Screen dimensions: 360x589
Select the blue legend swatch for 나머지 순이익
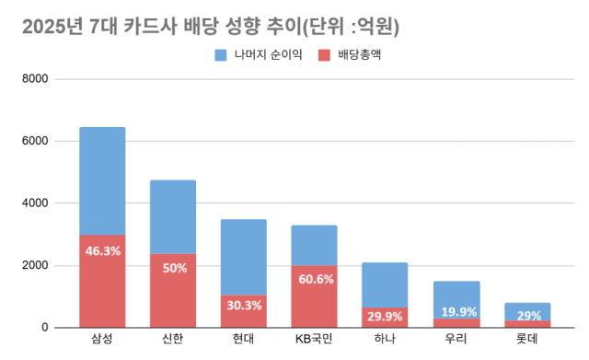(x=221, y=55)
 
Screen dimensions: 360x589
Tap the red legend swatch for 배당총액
(x=324, y=55)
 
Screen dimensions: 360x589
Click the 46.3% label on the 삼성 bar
(x=102, y=250)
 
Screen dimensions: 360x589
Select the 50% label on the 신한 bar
(x=173, y=268)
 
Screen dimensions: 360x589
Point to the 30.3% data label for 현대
(x=244, y=306)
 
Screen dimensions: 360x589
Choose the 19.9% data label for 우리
(x=456, y=311)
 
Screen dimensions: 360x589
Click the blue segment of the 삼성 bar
(x=102, y=180)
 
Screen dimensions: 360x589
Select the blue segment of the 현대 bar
(x=244, y=257)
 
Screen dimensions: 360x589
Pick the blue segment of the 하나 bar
(x=386, y=285)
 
